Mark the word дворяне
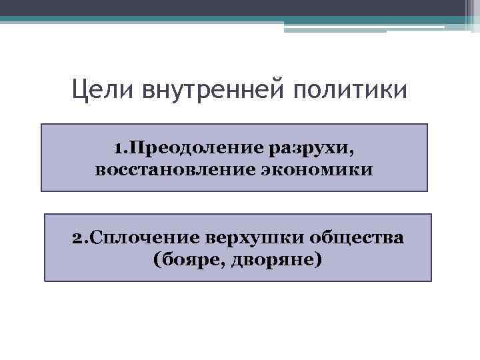(x=273, y=259)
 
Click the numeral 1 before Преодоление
(x=119, y=146)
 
